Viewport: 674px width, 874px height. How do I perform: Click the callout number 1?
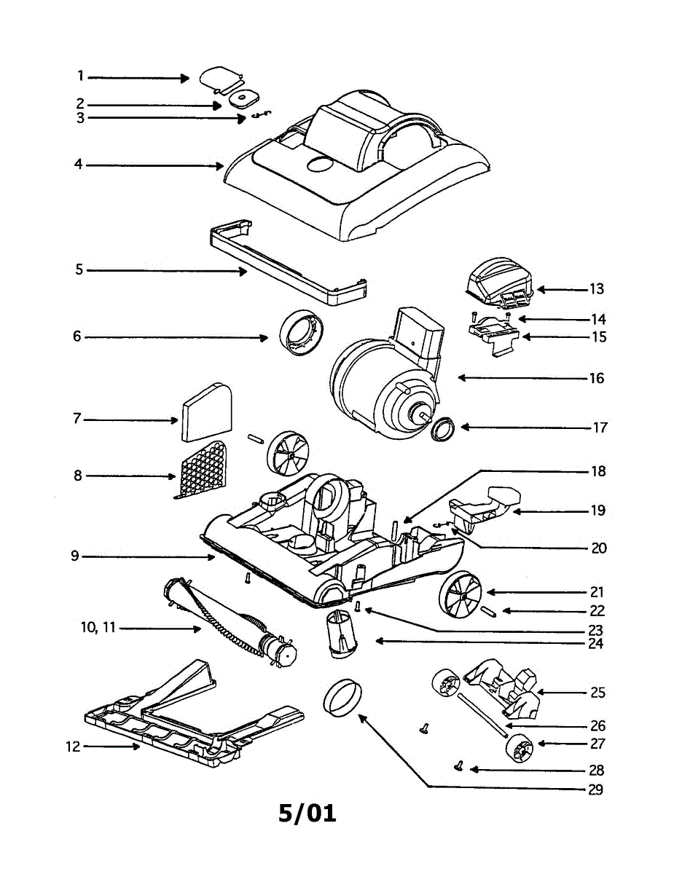(x=81, y=76)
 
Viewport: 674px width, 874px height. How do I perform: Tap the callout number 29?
(x=595, y=790)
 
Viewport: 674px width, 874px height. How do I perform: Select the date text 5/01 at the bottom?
(x=307, y=812)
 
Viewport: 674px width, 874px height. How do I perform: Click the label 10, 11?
(x=98, y=628)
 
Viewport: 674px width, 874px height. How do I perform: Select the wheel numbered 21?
(x=460, y=594)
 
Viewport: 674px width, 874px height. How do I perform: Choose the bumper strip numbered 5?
(x=284, y=262)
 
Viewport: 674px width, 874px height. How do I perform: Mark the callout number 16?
(x=596, y=379)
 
